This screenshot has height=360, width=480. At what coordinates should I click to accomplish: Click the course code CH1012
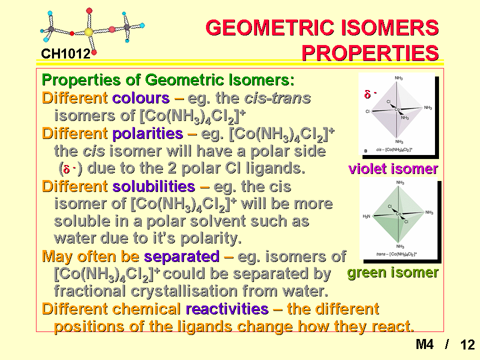[65, 54]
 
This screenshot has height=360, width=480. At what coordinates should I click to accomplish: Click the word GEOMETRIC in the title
[270, 27]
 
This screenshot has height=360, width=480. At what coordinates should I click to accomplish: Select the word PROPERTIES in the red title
[370, 53]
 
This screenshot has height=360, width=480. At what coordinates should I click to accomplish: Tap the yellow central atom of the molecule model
[88, 32]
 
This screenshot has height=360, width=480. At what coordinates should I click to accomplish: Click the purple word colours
[141, 98]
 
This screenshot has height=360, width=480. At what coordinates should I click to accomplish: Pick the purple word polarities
[147, 134]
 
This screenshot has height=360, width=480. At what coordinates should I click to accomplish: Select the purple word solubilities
[153, 186]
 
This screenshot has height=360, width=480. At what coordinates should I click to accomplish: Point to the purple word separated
[182, 256]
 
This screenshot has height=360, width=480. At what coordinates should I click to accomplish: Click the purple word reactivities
[227, 309]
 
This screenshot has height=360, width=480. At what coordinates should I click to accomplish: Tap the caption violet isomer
[393, 169]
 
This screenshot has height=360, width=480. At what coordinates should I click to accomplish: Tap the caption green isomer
[393, 272]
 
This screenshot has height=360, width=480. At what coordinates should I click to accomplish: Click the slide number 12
[467, 344]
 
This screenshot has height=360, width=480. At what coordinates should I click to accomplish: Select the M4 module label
[424, 344]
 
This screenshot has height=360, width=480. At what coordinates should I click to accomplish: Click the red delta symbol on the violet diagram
[367, 94]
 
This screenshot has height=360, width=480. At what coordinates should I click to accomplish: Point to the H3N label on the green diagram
[366, 216]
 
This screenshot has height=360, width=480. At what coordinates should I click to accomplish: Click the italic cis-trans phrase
[277, 98]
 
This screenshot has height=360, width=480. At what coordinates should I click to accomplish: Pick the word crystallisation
[184, 291]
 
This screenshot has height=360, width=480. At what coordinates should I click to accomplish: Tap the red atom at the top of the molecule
[89, 11]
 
